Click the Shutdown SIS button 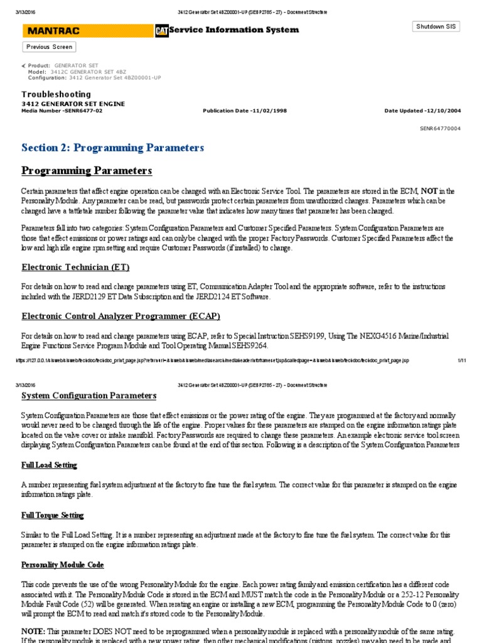coord(436,26)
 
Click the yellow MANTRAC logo coord(87,31)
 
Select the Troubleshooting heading coord(56,94)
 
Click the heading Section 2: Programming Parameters coord(112,148)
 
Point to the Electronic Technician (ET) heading coord(75,267)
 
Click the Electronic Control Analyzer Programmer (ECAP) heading coord(120,315)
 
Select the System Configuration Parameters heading coord(88,396)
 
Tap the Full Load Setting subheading coord(49,465)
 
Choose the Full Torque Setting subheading coord(52,515)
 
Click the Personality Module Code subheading coord(63,565)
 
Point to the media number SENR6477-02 coord(62,111)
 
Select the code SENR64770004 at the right coord(440,127)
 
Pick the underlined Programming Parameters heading coord(87,171)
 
